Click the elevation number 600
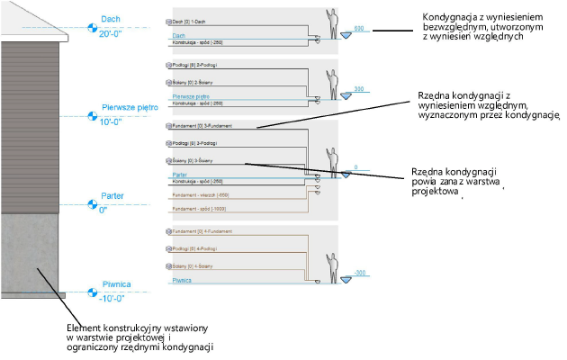359,29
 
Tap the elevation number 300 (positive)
359,89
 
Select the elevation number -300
360,272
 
